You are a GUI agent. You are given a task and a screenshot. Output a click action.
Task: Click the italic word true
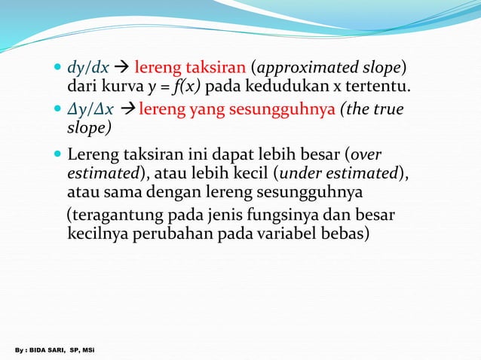pyautogui.click(x=386, y=111)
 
